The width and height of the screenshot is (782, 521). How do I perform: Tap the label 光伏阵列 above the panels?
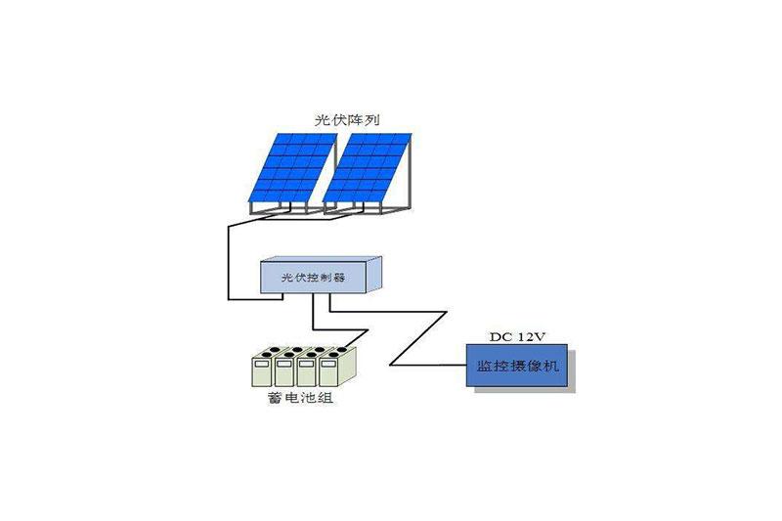[348, 119]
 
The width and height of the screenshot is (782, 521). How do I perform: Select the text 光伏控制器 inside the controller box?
[313, 278]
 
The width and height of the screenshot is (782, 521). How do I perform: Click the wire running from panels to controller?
[228, 260]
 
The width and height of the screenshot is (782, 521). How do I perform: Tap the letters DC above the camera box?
[500, 337]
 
